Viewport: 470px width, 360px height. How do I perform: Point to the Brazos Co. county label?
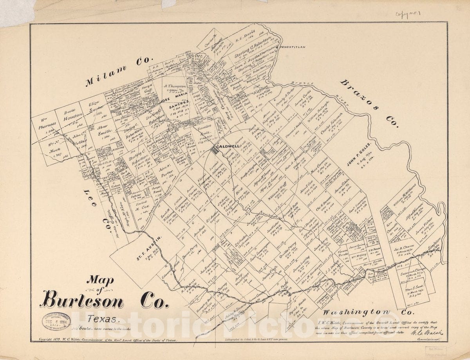369,104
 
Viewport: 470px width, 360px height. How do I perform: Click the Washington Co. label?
368,312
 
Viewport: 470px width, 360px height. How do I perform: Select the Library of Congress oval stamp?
56,321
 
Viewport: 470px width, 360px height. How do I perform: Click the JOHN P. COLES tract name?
358,160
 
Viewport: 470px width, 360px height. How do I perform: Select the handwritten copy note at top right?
405,15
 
